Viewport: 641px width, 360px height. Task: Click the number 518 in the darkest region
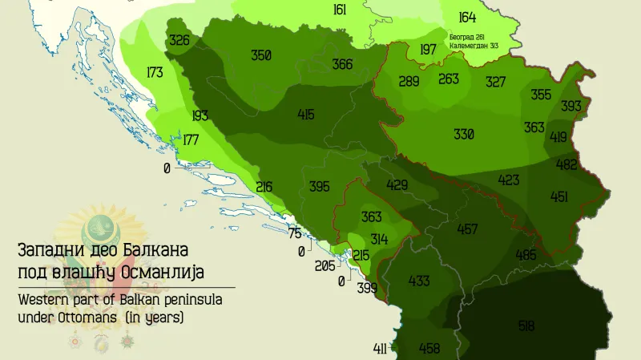point(526,326)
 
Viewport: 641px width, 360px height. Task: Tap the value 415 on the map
point(305,115)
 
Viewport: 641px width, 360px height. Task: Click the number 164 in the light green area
point(466,18)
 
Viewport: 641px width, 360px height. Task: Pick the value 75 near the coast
point(294,234)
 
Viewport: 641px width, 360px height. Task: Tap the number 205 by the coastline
point(325,266)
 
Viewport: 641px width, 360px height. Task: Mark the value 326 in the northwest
point(179,40)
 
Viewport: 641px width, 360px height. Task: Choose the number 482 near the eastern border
point(566,165)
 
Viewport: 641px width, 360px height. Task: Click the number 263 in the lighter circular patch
point(449,79)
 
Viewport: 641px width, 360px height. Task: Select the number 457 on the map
point(467,229)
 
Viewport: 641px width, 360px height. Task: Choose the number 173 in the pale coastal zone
point(155,73)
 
